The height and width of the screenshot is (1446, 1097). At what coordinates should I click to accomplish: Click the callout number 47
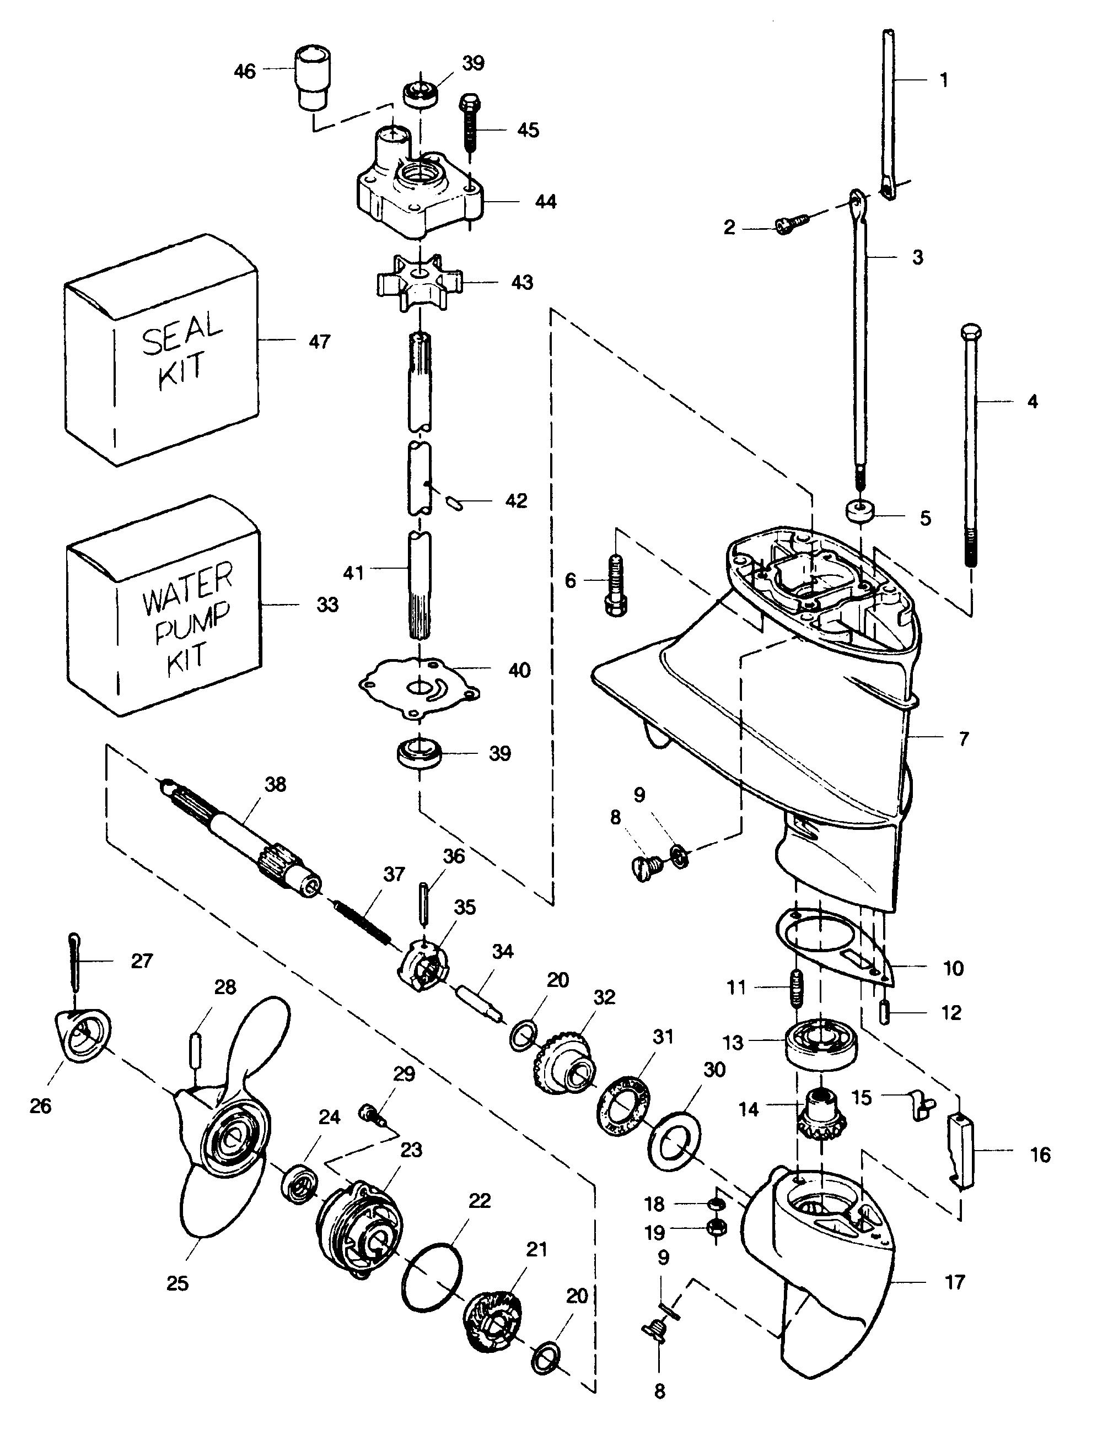[x=319, y=341]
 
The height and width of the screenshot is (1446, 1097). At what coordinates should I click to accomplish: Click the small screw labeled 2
[x=791, y=223]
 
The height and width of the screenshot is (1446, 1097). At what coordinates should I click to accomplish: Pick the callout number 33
[x=327, y=605]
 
